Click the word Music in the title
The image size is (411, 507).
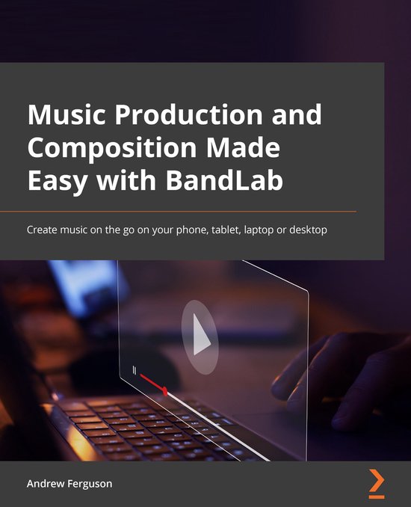[61, 116]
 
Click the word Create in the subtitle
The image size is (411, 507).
[43, 230]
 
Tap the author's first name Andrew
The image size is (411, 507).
[47, 484]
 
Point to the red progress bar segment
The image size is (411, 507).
[153, 384]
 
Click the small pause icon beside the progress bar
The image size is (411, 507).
[134, 370]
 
